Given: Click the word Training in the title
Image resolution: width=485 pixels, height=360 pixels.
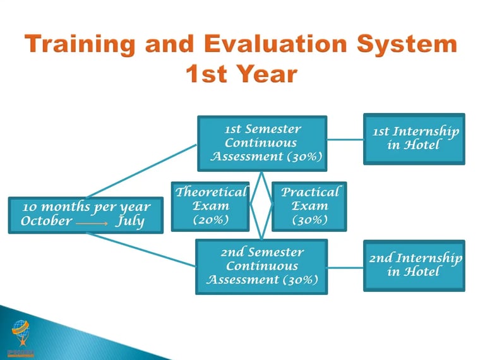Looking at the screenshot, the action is click(80, 45).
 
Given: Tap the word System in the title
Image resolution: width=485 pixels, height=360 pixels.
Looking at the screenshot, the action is click(407, 45).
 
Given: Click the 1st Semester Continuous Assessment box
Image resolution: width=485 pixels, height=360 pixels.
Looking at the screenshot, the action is click(262, 143).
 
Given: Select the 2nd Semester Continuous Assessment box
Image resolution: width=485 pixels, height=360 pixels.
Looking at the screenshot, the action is click(261, 267).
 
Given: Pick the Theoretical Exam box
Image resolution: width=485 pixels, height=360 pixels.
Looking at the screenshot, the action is click(210, 207).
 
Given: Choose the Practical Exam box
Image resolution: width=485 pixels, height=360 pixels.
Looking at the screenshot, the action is click(309, 207).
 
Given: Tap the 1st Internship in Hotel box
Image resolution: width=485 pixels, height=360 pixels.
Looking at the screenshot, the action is click(414, 139).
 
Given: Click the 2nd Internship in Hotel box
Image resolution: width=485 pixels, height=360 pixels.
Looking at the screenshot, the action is click(414, 266).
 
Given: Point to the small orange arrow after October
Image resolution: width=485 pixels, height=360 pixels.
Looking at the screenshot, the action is click(92, 224).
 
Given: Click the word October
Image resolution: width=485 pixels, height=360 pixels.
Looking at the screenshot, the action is click(46, 221).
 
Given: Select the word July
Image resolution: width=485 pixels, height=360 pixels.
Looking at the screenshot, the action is click(130, 222).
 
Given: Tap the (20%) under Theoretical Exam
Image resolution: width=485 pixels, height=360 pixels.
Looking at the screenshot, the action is click(211, 220).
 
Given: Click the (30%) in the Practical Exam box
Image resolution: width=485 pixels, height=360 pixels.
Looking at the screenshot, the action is click(310, 220).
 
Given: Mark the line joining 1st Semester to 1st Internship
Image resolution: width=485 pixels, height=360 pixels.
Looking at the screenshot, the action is click(345, 140).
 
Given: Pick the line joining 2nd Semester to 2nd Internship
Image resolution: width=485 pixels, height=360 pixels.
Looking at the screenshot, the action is click(345, 268).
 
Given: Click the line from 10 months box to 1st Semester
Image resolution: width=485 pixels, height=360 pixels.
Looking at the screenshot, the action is click(141, 171).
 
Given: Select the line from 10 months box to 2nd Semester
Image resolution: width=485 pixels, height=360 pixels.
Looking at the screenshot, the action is click(141, 249).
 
